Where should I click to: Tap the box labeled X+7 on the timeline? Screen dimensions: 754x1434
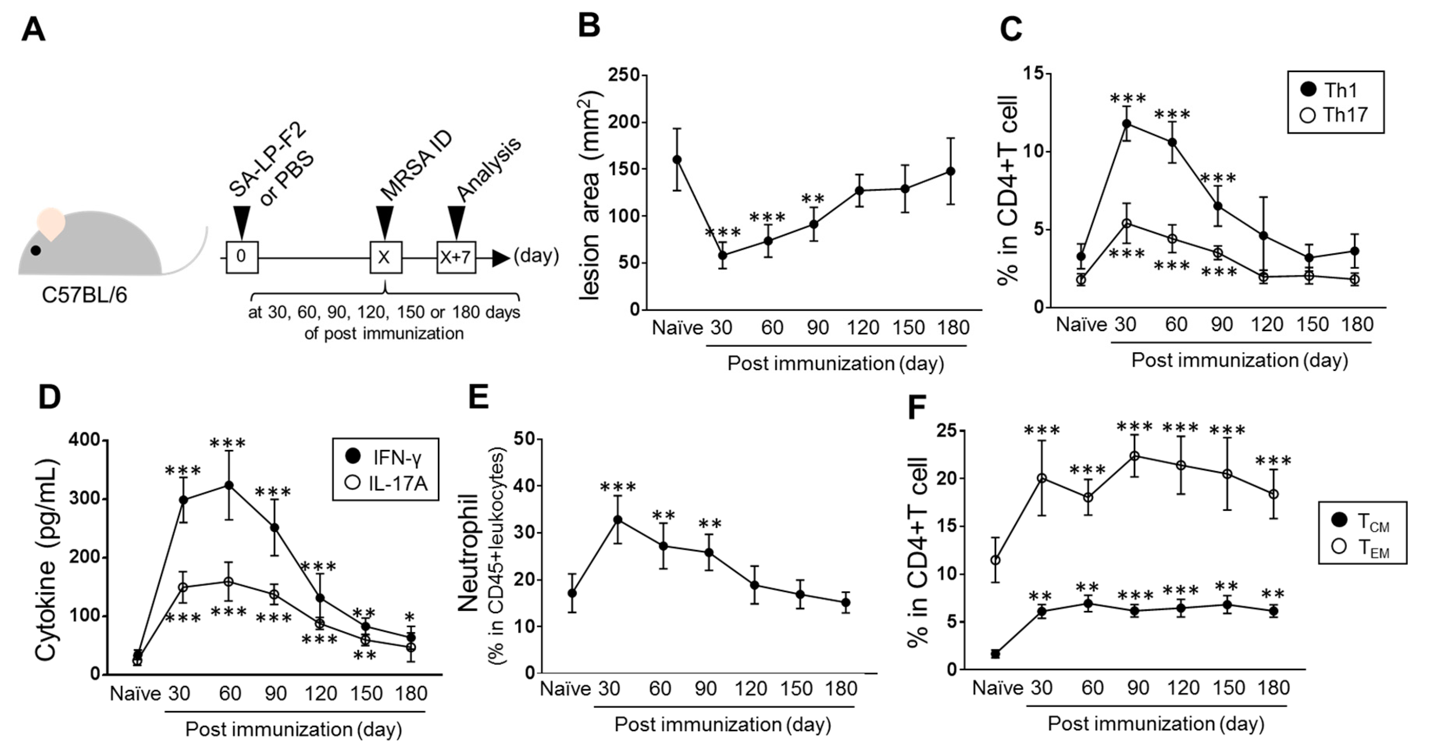[x=456, y=257]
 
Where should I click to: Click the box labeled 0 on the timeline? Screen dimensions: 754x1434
[x=241, y=257]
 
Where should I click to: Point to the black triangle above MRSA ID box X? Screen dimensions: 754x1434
[x=385, y=222]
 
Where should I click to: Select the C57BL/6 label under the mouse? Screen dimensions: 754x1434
[x=85, y=295]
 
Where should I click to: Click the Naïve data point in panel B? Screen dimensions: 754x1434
[x=677, y=160]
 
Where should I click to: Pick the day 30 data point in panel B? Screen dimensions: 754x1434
[x=722, y=256]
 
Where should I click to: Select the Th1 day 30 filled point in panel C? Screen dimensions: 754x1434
[x=1126, y=123]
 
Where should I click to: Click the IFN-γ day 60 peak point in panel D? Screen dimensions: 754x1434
[x=228, y=485]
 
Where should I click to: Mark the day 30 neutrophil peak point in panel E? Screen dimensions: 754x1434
[x=617, y=520]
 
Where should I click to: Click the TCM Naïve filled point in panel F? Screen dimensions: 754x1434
[x=995, y=654]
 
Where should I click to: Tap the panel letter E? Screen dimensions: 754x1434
[x=479, y=397]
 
